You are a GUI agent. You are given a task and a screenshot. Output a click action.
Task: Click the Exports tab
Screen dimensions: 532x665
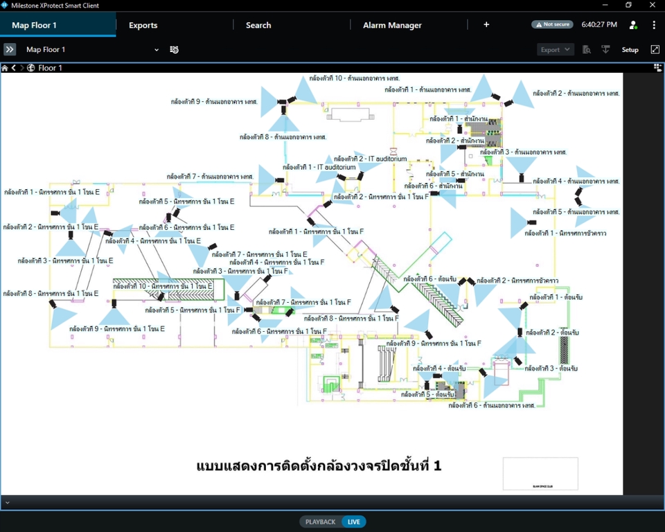coord(143,25)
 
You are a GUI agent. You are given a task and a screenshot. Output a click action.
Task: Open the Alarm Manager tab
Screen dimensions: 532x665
coord(392,25)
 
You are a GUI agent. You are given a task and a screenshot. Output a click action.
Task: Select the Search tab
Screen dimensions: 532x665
coord(258,25)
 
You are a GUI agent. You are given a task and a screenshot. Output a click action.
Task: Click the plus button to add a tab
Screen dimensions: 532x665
coord(486,24)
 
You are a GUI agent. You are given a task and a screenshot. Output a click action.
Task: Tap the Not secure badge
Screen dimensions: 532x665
coord(552,24)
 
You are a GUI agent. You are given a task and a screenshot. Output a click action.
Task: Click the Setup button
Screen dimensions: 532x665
coord(630,50)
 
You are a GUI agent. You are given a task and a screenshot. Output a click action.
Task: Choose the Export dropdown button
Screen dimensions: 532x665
coord(556,50)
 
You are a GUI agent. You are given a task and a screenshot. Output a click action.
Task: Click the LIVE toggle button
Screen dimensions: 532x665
coord(354,522)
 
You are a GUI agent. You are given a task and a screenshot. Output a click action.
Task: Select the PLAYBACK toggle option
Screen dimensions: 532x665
coord(320,522)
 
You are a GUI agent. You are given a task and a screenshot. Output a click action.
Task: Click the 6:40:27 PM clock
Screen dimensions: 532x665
coord(599,24)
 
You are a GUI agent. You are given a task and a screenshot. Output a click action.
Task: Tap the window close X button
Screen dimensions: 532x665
coord(652,6)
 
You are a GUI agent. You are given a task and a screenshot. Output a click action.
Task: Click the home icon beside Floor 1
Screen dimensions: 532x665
coord(5,68)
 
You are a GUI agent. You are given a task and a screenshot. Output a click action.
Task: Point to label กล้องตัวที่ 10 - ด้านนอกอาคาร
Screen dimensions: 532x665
coord(355,78)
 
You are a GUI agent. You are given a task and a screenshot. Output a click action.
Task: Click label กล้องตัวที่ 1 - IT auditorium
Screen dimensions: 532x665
coord(319,167)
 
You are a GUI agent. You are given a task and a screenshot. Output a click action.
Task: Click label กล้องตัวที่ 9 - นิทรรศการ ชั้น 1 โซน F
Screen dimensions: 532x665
coord(434,344)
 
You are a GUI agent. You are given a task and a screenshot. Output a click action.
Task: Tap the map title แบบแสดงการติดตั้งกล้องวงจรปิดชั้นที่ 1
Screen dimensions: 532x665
coord(319,466)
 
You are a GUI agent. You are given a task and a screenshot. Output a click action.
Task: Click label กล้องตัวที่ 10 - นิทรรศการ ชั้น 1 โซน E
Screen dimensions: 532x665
coord(163,286)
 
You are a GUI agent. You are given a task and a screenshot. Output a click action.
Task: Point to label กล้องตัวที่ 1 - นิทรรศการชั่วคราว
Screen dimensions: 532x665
coord(565,233)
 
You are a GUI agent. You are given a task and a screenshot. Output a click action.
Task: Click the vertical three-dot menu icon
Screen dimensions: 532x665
coord(654,25)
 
